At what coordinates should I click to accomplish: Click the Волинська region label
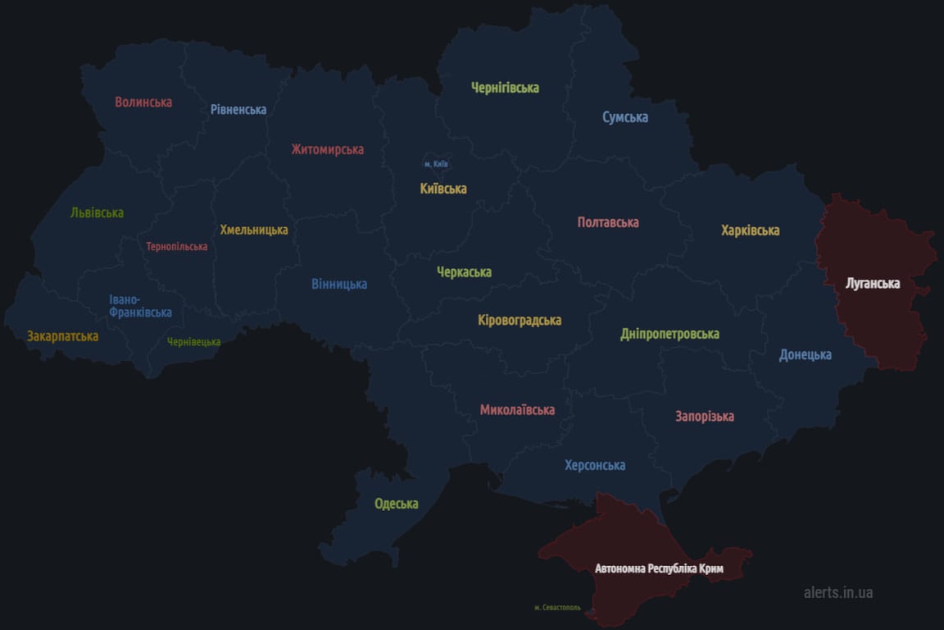(x=143, y=103)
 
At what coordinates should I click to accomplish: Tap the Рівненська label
(x=238, y=109)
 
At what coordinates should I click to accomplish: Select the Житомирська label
(x=327, y=149)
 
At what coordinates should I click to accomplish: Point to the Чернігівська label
(x=505, y=88)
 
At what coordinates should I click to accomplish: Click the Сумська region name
(x=625, y=117)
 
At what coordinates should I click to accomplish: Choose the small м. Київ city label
(x=436, y=164)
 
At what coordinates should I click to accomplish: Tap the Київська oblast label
(x=443, y=189)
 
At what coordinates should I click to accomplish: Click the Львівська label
(x=97, y=212)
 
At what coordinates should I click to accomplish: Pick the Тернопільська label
(x=177, y=246)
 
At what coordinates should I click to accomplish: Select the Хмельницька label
(x=254, y=230)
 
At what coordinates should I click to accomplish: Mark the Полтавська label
(x=608, y=222)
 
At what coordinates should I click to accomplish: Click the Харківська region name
(x=750, y=231)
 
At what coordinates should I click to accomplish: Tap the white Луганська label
(x=873, y=284)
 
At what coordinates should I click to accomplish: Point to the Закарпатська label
(x=62, y=336)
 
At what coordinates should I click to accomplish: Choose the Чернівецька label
(x=193, y=342)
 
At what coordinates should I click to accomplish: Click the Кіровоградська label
(x=520, y=320)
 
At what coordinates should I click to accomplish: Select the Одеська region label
(x=397, y=504)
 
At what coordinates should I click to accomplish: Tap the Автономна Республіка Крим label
(x=659, y=568)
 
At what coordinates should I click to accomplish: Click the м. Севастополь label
(x=557, y=608)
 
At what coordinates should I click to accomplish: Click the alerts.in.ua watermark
(x=838, y=591)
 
